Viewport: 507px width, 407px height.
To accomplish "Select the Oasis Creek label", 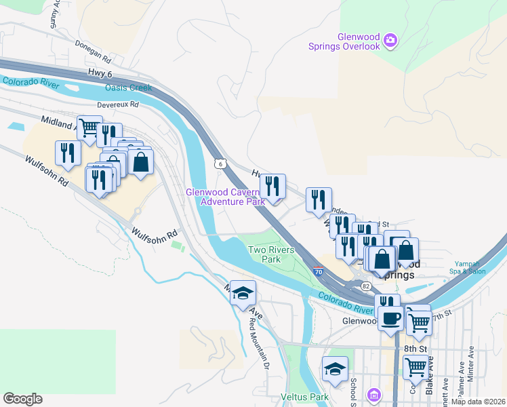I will pos(128,88).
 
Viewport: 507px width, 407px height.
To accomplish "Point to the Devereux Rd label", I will pos(118,105).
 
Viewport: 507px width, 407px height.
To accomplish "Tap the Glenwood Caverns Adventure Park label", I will pos(226,197).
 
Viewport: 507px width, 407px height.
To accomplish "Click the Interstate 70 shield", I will pos(318,272).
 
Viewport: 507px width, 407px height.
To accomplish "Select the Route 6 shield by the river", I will pos(219,163).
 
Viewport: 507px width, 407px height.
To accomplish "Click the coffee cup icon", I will pos(390,318).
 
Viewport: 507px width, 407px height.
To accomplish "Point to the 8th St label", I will pos(414,348).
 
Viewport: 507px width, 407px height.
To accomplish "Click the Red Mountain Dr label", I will pos(258,343).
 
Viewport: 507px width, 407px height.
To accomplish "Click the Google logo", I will pos(22,399).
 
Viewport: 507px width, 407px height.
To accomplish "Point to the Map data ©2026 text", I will pos(477,402).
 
